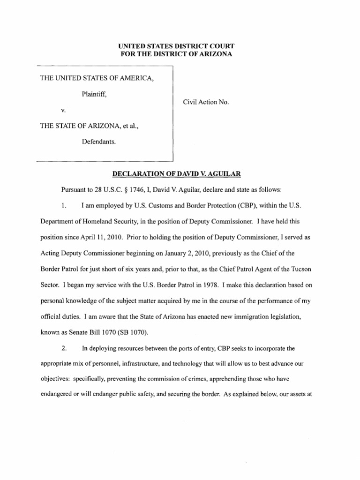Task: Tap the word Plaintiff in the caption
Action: pyautogui.click(x=94, y=94)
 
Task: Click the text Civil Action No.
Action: pyautogui.click(x=205, y=102)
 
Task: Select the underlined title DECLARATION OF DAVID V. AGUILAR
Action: pyautogui.click(x=176, y=174)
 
